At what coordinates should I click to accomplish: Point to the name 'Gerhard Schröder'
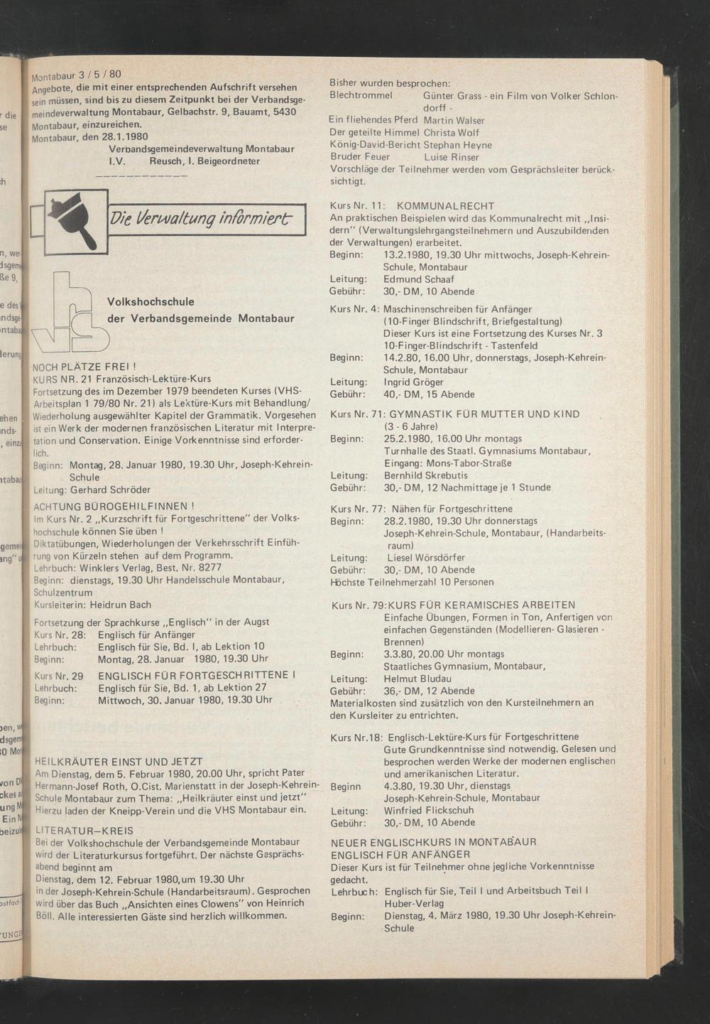[110, 490]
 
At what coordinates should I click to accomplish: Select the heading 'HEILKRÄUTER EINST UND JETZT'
[119, 761]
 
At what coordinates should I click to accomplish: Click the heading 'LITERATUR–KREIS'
[84, 830]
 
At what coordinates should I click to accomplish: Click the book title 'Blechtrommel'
[361, 95]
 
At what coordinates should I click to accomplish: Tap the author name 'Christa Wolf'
[452, 133]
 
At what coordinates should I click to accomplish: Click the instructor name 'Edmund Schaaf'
[419, 279]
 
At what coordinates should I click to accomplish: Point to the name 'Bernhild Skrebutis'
[426, 475]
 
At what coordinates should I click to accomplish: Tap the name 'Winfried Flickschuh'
[429, 811]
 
